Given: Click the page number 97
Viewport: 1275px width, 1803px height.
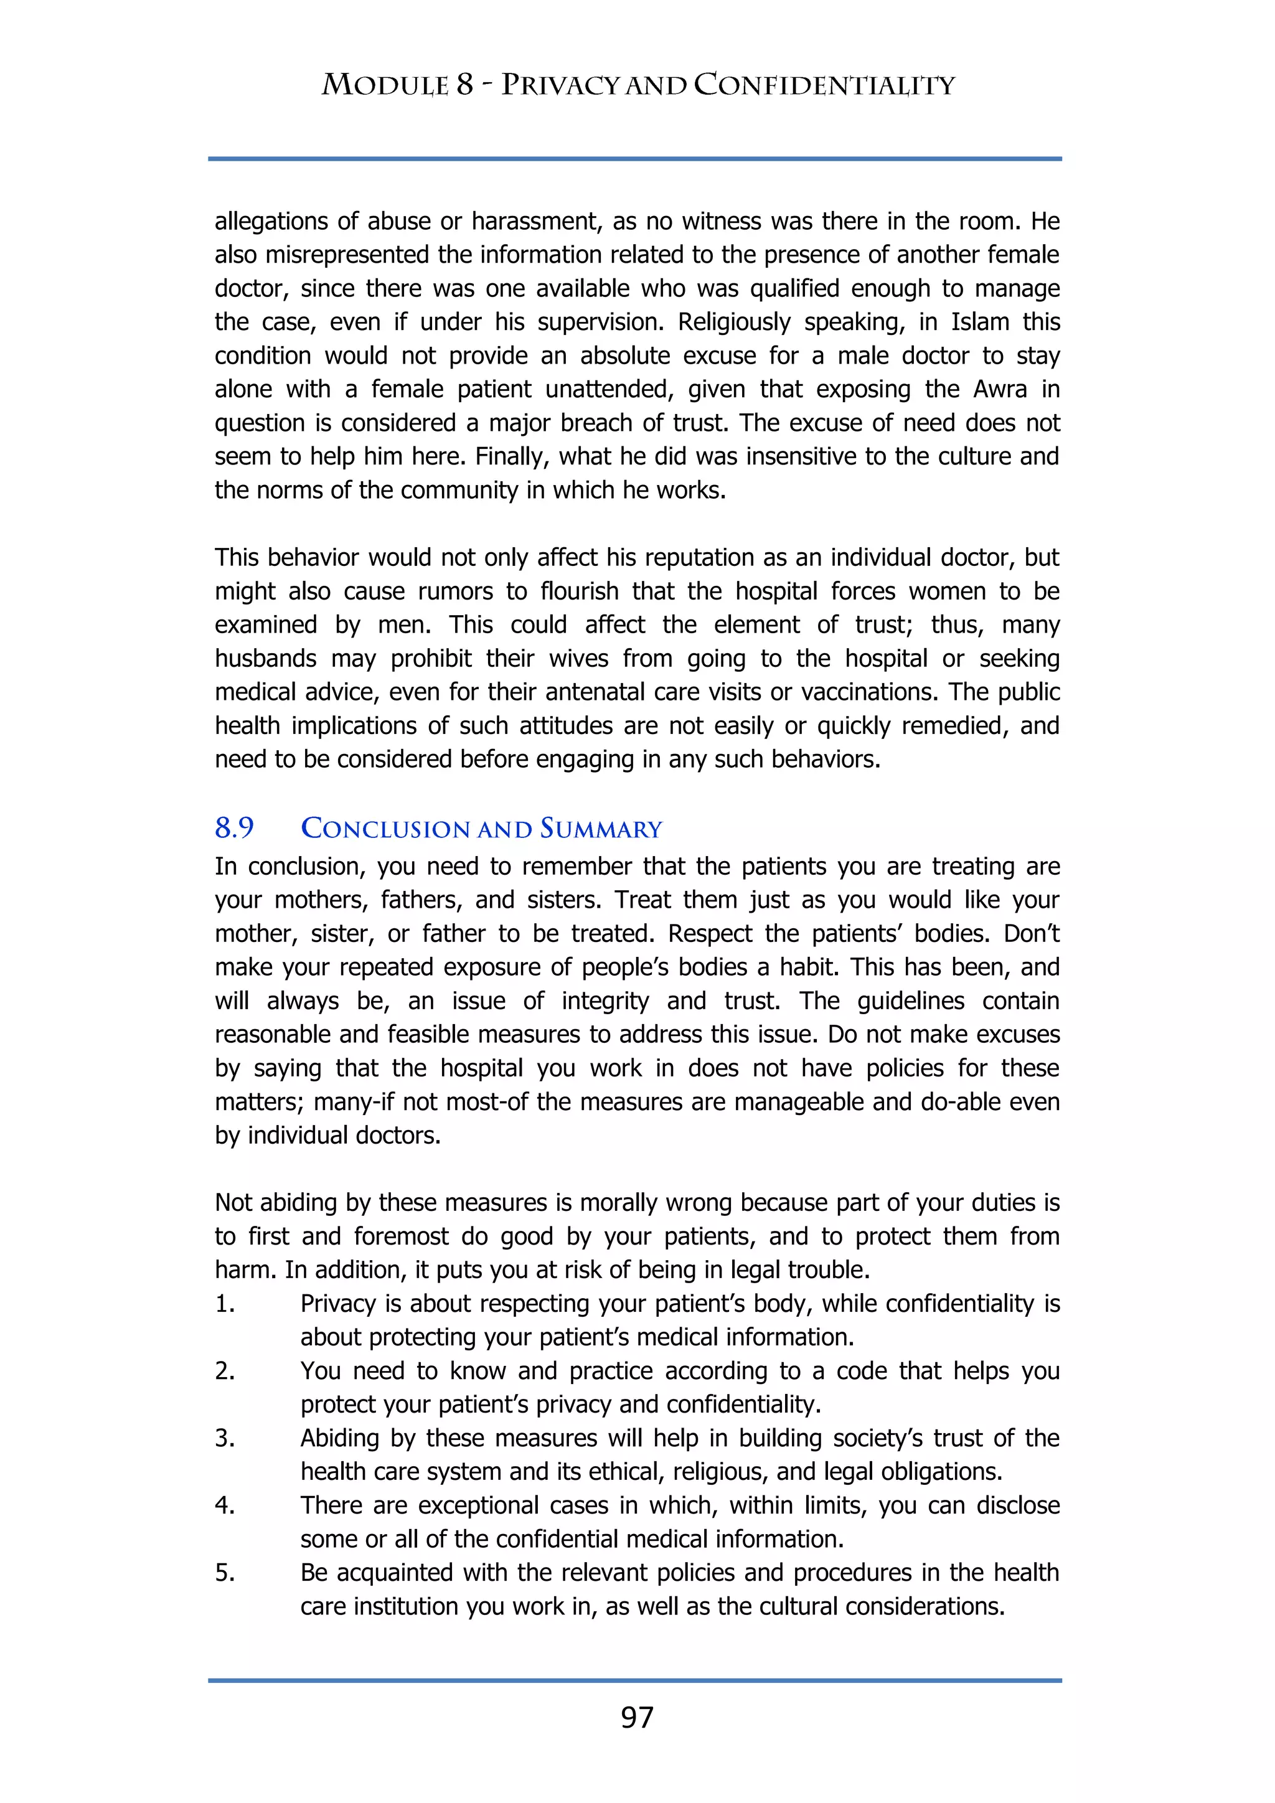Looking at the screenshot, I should pos(637,1718).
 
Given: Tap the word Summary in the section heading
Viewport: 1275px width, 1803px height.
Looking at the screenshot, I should pos(601,829).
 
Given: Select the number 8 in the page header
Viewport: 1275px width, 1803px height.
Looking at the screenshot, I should pos(465,85).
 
